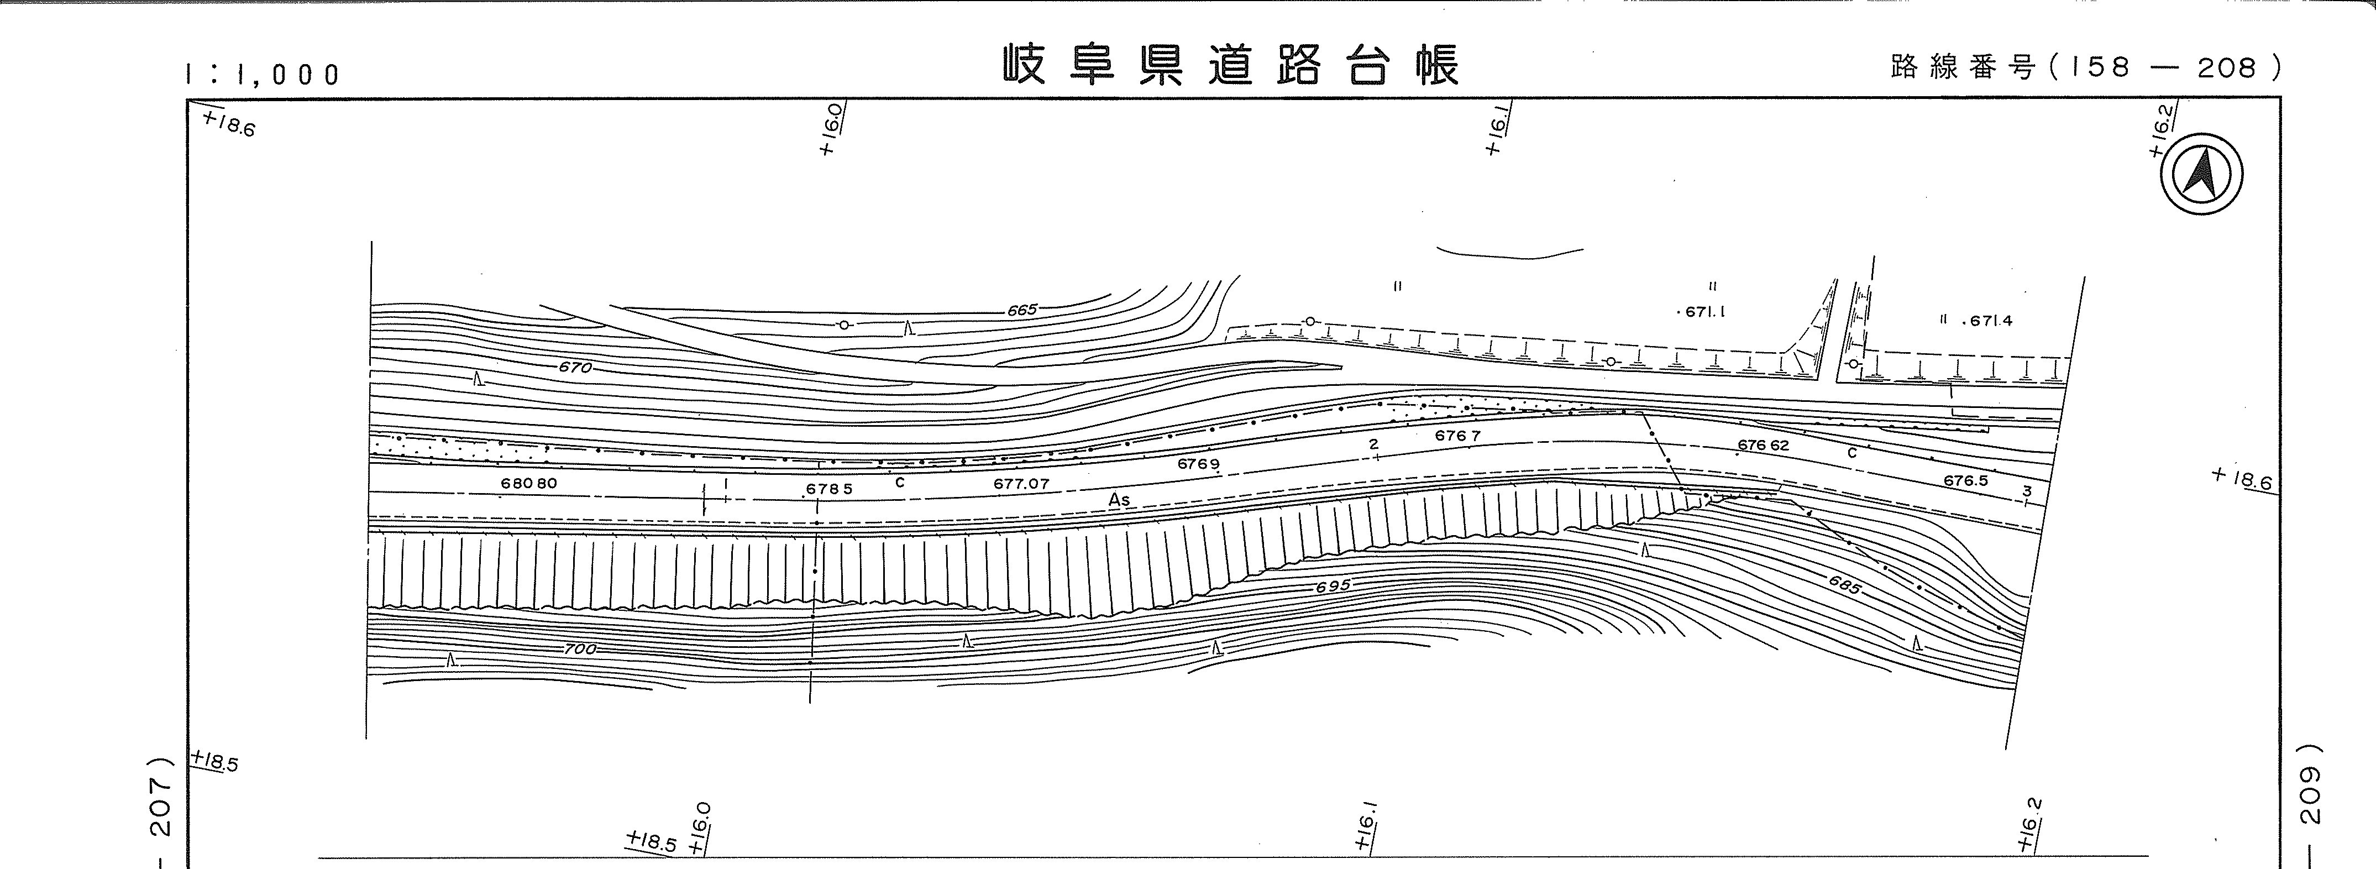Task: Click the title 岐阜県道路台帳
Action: [x=1231, y=65]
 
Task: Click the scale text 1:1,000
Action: [x=263, y=75]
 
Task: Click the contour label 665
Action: [x=1022, y=311]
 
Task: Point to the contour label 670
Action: [x=575, y=367]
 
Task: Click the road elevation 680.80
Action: [x=528, y=483]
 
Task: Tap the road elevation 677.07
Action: [x=1021, y=483]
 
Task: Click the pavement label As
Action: [x=1119, y=500]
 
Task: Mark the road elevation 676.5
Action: [x=1965, y=480]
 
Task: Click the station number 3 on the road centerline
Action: [x=2026, y=491]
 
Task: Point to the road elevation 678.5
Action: [x=828, y=489]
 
